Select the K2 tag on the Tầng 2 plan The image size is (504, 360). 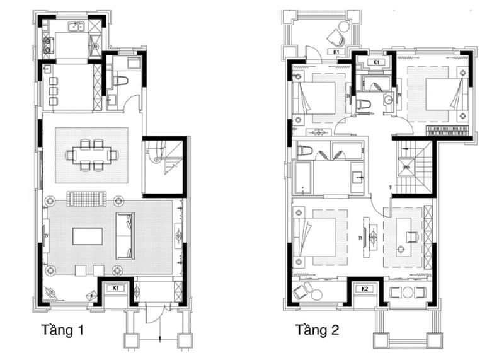pyautogui.click(x=364, y=289)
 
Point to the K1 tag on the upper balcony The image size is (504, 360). pyautogui.click(x=336, y=52)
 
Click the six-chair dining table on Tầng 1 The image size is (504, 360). pyautogui.click(x=92, y=154)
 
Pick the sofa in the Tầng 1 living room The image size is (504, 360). pyautogui.click(x=125, y=236)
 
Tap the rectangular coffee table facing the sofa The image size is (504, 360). pyautogui.click(x=87, y=236)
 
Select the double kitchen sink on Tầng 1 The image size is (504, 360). pyautogui.click(x=76, y=26)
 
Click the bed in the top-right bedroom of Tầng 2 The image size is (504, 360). pyautogui.click(x=437, y=95)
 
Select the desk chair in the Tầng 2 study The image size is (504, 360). pyautogui.click(x=412, y=236)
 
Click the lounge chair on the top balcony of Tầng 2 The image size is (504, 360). pyautogui.click(x=341, y=28)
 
